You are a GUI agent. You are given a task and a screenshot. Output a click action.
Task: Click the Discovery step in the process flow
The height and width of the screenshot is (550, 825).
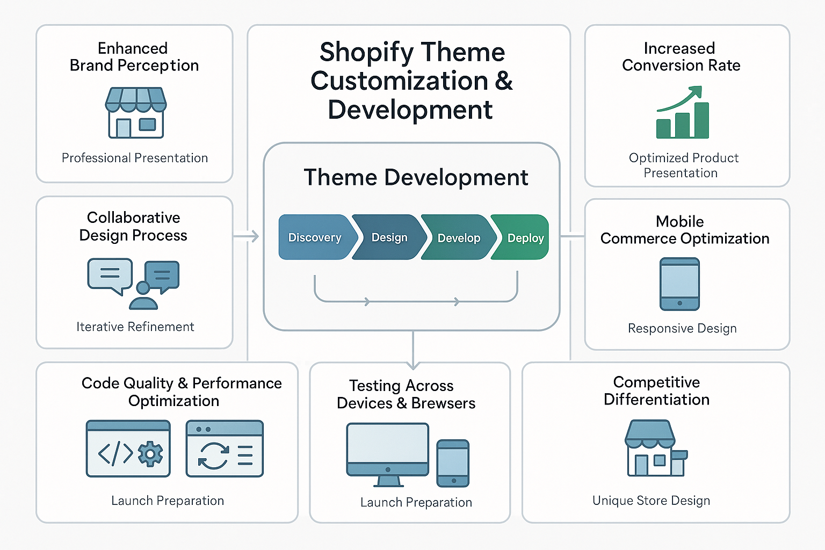315,237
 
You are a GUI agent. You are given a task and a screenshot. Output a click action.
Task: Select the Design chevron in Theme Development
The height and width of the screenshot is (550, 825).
389,237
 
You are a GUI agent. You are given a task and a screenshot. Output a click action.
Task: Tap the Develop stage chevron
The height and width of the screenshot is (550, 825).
459,238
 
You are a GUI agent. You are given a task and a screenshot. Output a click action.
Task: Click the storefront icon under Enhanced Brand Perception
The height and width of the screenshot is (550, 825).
135,113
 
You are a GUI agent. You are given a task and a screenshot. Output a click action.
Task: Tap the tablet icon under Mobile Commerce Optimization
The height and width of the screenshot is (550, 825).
679,284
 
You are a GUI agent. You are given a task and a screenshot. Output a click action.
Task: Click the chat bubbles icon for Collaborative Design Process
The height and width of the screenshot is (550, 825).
133,284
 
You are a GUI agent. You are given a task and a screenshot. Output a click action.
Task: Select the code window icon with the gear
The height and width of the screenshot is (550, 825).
128,448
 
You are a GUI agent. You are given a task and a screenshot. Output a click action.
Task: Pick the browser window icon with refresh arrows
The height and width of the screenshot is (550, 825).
225,448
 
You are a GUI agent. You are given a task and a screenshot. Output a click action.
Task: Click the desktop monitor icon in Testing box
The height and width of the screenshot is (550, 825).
387,454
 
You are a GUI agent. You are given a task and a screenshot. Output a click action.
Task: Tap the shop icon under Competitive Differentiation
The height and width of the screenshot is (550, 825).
656,448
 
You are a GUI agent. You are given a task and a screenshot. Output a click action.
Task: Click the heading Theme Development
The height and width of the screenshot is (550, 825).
416,177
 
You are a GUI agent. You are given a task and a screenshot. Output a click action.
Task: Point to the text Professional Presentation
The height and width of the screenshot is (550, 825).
135,158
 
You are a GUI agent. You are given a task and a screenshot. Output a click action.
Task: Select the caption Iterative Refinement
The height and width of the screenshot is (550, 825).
135,327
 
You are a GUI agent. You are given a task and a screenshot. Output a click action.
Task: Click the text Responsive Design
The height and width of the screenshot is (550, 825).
682,328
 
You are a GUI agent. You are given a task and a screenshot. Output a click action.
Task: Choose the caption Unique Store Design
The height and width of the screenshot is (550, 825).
651,501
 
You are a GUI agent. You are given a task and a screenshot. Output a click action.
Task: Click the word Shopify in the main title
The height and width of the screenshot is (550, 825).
366,53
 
